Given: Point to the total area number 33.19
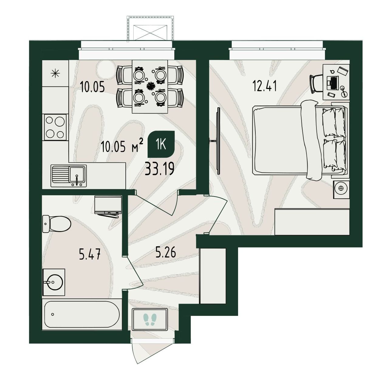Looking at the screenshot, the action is (159, 169).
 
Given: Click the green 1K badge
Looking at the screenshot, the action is (161, 144).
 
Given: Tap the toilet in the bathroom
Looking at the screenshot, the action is (57, 224).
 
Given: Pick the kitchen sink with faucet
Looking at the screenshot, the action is (69, 176).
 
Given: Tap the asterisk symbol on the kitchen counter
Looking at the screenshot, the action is (55, 73).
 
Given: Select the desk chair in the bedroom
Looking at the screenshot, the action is (316, 84).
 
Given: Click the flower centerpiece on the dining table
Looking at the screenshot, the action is (151, 86).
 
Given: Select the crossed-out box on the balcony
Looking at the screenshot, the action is (150, 33).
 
